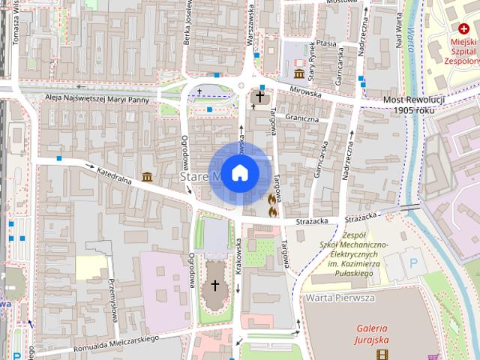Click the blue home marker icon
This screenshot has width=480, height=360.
[x=239, y=172]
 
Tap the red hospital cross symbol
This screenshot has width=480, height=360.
[x=464, y=28]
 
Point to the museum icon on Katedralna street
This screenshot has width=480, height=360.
[x=146, y=177]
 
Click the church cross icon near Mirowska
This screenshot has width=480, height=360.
[x=261, y=97]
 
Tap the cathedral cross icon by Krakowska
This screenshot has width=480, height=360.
[x=215, y=285]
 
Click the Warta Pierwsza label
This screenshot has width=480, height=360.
[x=340, y=298]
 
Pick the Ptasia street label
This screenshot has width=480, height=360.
[x=326, y=43]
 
